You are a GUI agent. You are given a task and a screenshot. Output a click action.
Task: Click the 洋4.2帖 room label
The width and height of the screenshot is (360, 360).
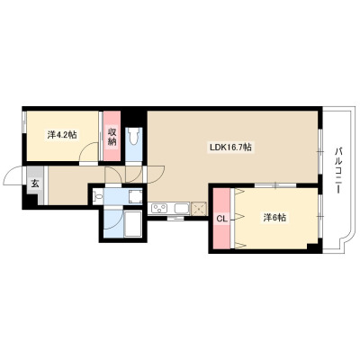click(62, 135)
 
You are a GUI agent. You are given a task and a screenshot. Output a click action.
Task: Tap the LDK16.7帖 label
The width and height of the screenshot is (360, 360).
click(230, 148)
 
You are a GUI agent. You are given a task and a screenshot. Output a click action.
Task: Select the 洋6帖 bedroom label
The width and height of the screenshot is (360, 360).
click(274, 218)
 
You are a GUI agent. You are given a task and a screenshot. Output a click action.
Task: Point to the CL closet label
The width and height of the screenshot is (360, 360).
click(221, 219)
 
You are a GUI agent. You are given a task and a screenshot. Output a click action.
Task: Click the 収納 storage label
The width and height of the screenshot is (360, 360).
click(112, 137)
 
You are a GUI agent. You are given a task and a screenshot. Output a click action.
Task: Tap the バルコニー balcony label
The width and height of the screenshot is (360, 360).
click(338, 170)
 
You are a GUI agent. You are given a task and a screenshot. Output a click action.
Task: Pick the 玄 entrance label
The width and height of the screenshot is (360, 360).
click(35, 184)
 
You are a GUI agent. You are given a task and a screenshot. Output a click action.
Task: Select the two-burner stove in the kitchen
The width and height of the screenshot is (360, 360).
click(159, 208)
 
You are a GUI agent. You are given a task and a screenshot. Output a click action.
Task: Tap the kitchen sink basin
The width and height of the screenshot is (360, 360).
click(182, 208)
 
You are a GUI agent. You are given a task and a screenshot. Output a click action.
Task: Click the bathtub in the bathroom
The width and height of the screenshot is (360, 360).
click(132, 224)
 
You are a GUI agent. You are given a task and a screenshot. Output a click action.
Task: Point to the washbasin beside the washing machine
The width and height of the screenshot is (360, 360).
click(97, 196)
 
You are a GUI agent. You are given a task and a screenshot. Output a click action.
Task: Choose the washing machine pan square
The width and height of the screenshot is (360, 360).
click(135, 196)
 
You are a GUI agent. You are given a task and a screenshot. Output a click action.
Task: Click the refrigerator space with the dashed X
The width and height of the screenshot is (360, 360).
click(199, 208)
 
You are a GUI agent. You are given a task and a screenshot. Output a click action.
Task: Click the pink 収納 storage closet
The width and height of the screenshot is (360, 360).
click(112, 136)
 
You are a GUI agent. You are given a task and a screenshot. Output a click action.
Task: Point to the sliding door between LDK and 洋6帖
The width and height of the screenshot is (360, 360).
click(275, 185)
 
